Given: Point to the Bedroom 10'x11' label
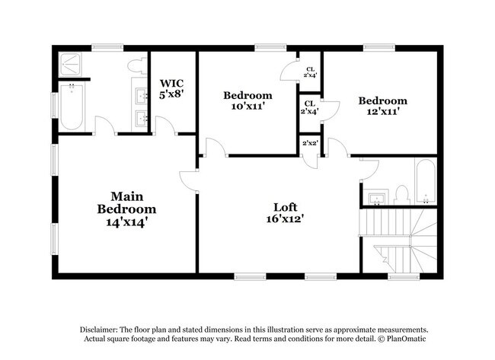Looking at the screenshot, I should click(247, 100).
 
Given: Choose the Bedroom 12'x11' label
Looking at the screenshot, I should click(382, 106).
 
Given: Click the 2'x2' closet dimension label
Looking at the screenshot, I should click(309, 144).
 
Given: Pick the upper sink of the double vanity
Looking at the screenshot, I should click(141, 96).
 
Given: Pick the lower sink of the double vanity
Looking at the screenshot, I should click(141, 119).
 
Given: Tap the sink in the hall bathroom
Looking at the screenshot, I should click(376, 199).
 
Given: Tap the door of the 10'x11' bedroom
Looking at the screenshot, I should click(216, 148).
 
